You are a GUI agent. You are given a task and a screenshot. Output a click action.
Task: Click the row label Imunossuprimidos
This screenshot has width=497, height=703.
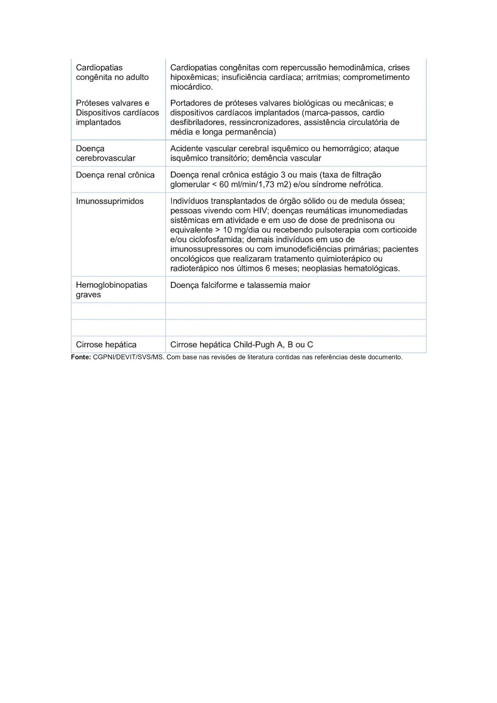click(110, 201)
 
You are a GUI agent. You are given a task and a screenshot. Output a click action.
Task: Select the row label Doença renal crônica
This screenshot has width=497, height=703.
click(115, 175)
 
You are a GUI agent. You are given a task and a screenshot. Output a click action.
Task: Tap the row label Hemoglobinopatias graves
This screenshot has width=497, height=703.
click(111, 290)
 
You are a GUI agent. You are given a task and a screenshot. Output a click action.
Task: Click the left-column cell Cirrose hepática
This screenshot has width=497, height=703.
click(106, 345)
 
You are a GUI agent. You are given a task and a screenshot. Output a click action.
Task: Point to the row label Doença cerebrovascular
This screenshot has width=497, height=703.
click(105, 153)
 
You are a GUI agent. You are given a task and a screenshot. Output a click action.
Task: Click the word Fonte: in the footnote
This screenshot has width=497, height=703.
click(81, 357)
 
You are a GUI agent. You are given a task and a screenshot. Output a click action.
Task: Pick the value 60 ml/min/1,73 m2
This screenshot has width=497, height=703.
click(254, 185)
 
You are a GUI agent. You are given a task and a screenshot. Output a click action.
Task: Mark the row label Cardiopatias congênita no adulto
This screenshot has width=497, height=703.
click(112, 72)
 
